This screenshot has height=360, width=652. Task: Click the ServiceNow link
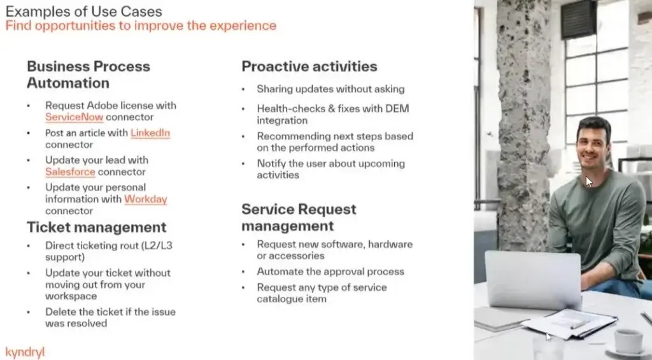pyautogui.click(x=74, y=117)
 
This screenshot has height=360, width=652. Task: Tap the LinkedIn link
pyautogui.click(x=150, y=133)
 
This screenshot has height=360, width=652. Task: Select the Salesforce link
pyautogui.click(x=70, y=172)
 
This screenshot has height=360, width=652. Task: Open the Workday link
pyautogui.click(x=146, y=199)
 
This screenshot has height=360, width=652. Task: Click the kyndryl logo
pyautogui.click(x=25, y=352)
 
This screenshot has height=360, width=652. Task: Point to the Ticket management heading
pyautogui.click(x=97, y=227)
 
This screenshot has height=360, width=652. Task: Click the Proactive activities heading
pyautogui.click(x=309, y=67)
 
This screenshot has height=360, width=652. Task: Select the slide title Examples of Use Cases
pyautogui.click(x=83, y=11)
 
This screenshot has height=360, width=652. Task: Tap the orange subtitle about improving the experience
pyautogui.click(x=141, y=25)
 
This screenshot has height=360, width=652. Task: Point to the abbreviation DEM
pyautogui.click(x=397, y=108)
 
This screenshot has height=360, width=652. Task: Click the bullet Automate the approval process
pyautogui.click(x=330, y=272)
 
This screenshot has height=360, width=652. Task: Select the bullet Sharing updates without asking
pyautogui.click(x=330, y=89)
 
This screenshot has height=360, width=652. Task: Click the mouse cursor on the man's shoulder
pyautogui.click(x=589, y=182)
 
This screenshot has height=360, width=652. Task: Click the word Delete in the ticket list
pyautogui.click(x=60, y=312)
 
